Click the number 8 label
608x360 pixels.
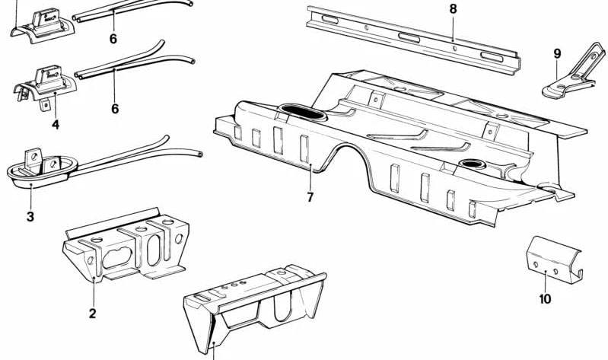tap(454, 9)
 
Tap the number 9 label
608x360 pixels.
tap(557, 53)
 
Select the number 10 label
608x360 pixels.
tap(545, 299)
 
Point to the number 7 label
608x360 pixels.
tap(310, 197)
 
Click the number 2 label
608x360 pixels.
tap(92, 313)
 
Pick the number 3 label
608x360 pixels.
tap(30, 216)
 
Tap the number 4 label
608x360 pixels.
tap(56, 125)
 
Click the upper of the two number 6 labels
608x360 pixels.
tap(113, 39)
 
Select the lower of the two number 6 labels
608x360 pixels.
tap(115, 109)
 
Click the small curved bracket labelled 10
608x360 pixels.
tap(554, 259)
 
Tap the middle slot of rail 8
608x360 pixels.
tap(409, 37)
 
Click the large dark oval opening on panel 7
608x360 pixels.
tap(302, 112)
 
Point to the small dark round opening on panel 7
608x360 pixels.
tap(473, 164)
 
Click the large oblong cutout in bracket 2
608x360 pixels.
tap(117, 258)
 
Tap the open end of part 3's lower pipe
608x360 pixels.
tap(199, 155)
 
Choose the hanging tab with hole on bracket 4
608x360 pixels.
tap(46, 105)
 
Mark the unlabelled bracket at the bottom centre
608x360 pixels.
tap(254, 307)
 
